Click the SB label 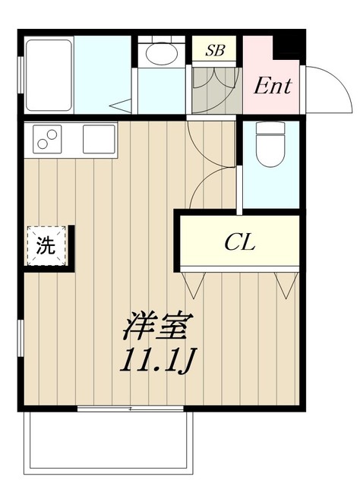coord(215,50)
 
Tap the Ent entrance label coord(273,86)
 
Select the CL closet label coord(240,241)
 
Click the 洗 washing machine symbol coord(46,245)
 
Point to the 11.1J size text coord(159,361)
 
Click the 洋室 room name coord(158,327)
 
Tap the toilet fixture coord(270,144)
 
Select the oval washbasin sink coord(162,53)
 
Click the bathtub coord(49,75)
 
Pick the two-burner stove coord(47,139)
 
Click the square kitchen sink coord(99,139)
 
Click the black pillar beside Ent coord(289,47)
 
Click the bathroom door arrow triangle coord(120,106)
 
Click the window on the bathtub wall coord(21,75)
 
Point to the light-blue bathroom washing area coord(103,74)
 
